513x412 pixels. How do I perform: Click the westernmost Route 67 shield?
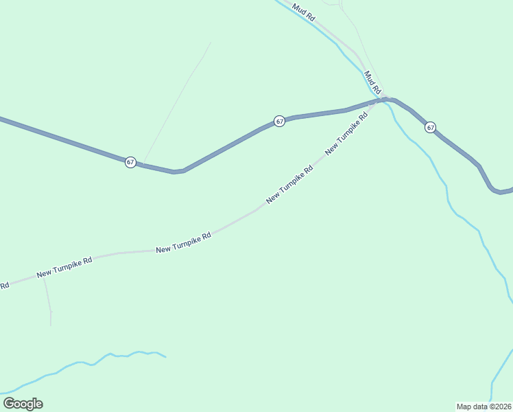pyautogui.click(x=130, y=162)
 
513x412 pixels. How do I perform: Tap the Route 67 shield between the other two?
pyautogui.click(x=279, y=121)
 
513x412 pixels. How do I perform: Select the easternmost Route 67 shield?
pyautogui.click(x=430, y=127)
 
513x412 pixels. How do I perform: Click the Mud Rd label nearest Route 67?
pyautogui.click(x=372, y=82)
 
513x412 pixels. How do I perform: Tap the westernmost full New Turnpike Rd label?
pyautogui.click(x=64, y=267)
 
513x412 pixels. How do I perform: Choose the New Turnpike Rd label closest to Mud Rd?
pyautogui.click(x=346, y=132)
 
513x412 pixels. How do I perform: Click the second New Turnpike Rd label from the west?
pyautogui.click(x=183, y=242)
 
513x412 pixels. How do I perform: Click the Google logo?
pyautogui.click(x=23, y=404)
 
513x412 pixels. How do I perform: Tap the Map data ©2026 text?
pyautogui.click(x=484, y=407)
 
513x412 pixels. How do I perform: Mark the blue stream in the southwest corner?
pyautogui.click(x=82, y=363)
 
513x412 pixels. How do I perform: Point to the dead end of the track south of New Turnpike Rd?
pyautogui.click(x=51, y=325)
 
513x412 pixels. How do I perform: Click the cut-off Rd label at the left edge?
pyautogui.click(x=4, y=285)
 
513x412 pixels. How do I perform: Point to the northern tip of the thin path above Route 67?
pyautogui.click(x=211, y=43)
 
